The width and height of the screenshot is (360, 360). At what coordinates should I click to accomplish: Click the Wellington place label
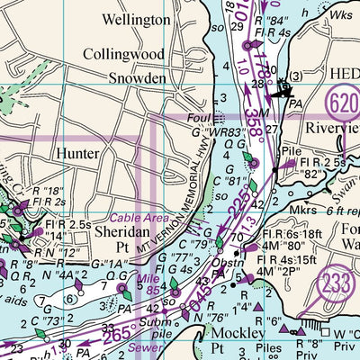point(136,18)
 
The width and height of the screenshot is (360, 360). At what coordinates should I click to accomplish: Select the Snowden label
point(136,78)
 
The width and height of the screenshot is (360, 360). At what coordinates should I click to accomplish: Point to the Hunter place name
point(76,154)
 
